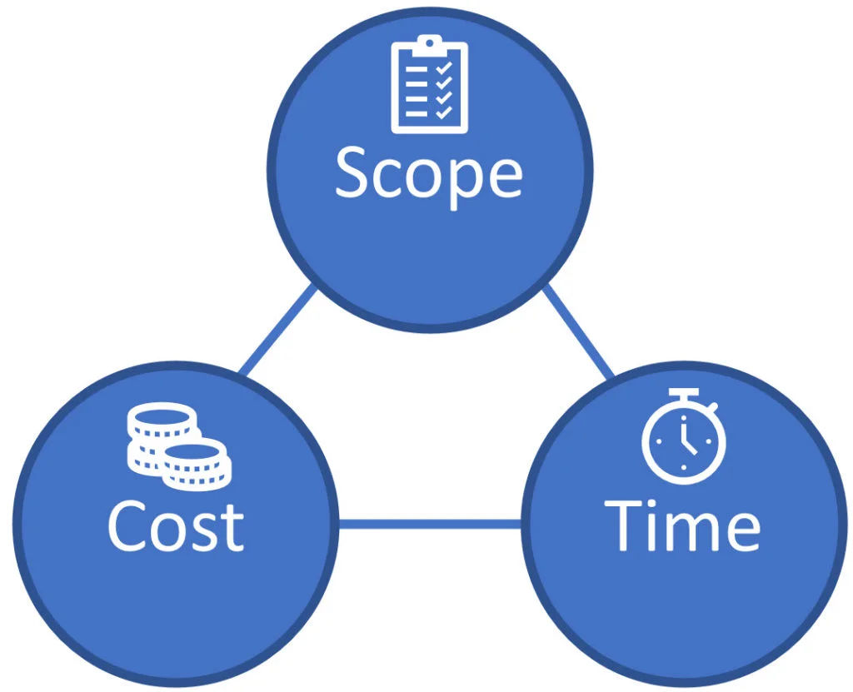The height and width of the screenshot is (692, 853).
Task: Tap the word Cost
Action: [x=176, y=525]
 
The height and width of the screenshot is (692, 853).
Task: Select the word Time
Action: [x=682, y=525]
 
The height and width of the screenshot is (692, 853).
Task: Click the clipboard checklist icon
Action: [x=429, y=84]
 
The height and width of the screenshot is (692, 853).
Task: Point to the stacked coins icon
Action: [x=179, y=446]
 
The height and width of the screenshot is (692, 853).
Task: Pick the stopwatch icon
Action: [x=684, y=436]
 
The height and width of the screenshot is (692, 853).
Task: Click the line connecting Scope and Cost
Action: [x=277, y=331]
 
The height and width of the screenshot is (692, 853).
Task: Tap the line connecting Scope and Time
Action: [x=578, y=331]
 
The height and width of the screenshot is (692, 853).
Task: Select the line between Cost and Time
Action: [x=430, y=525]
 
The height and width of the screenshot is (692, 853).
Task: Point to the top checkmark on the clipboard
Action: [x=444, y=68]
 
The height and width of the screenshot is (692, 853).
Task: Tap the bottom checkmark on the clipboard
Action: [x=444, y=112]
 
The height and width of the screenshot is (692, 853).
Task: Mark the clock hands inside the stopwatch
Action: [x=687, y=440]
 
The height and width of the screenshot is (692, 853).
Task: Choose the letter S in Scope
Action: [x=352, y=172]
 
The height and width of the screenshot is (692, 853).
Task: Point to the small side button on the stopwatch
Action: [x=713, y=407]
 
